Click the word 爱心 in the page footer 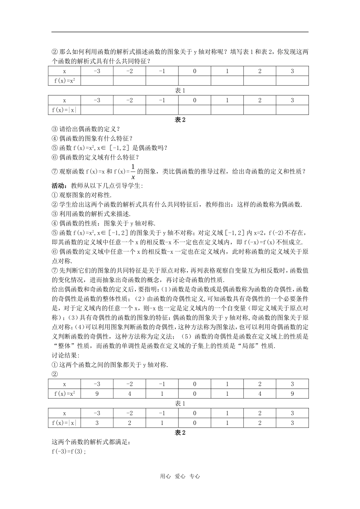[180, 476]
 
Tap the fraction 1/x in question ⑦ [133, 171]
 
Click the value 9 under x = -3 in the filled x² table [97, 393]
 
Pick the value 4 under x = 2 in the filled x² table [260, 393]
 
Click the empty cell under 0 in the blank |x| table [194, 110]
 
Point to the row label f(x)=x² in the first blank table [64, 80]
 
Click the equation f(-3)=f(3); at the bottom [69, 451]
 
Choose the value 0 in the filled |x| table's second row [194, 423]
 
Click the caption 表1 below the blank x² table [180, 91]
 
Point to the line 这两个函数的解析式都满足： [91, 442]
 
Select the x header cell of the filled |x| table [64, 413]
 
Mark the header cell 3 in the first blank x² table [292, 71]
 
